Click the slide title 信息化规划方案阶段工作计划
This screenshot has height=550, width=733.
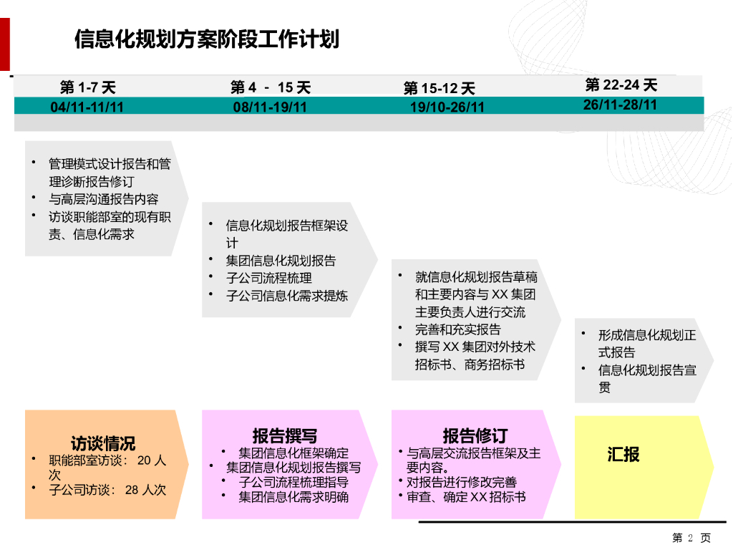click(206, 39)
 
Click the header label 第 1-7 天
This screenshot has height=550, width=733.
click(87, 88)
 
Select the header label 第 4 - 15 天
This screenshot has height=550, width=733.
click(271, 88)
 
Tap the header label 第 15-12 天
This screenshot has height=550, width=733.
click(439, 89)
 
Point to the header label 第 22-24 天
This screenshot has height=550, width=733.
click(621, 85)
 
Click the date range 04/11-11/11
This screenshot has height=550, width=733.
click(87, 107)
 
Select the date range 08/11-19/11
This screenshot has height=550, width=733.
click(271, 107)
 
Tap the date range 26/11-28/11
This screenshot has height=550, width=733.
click(620, 105)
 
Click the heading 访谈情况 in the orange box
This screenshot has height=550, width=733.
click(103, 443)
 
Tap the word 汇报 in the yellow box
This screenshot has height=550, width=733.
click(623, 454)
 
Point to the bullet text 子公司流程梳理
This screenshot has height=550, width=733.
click(269, 278)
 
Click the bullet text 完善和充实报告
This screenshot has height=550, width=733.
click(458, 329)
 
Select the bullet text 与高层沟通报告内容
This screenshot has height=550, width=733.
click(104, 199)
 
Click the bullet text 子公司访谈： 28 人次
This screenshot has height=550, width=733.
click(107, 490)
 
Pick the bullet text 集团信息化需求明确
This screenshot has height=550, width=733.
click(293, 496)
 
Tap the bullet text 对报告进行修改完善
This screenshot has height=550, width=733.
click(462, 482)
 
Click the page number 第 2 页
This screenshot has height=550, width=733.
click(691, 538)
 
